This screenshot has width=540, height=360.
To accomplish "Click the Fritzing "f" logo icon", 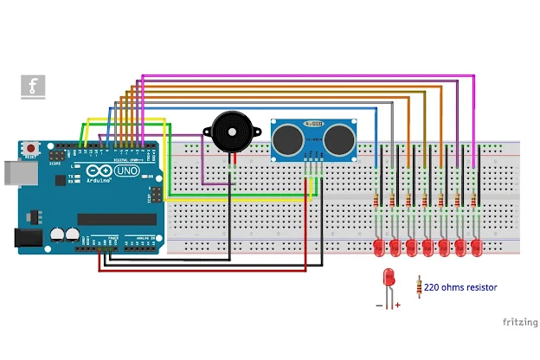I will pyautogui.click(x=33, y=87).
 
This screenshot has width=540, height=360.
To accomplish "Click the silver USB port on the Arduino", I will pyautogui.click(x=10, y=172).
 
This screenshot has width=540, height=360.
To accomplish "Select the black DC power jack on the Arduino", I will pyautogui.click(x=27, y=237).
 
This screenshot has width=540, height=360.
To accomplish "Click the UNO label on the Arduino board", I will pyautogui.click(x=127, y=172).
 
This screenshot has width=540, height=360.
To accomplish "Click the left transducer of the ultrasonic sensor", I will pyautogui.click(x=286, y=136).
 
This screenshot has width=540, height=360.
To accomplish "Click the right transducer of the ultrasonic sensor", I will pyautogui.click(x=339, y=136).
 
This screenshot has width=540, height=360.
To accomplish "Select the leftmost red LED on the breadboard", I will pyautogui.click(x=379, y=248).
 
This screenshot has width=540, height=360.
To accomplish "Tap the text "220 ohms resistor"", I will pyautogui.click(x=460, y=287).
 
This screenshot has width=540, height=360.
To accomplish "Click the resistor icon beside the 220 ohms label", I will pyautogui.click(x=420, y=286).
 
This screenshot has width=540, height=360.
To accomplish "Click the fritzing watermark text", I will pyautogui.click(x=519, y=321).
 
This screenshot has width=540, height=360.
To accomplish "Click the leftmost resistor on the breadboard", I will pyautogui.click(x=377, y=201).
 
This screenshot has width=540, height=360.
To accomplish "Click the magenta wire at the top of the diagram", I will pyautogui.click(x=303, y=76).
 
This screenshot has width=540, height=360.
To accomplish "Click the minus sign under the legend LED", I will pyautogui.click(x=379, y=305).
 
